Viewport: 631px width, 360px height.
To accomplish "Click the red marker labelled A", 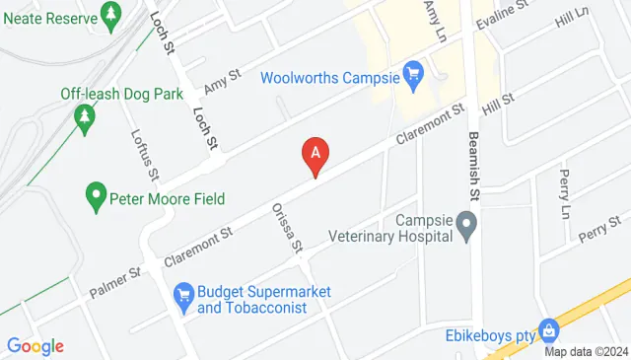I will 315,155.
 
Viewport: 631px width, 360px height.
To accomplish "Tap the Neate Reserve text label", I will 45,18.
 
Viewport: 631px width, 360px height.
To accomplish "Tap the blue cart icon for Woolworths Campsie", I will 414,74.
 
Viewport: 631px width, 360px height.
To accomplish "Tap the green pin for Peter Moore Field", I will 96,195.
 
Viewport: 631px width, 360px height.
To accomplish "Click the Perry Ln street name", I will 564,193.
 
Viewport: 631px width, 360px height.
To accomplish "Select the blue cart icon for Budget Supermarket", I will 182,294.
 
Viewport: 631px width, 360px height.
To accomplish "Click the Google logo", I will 35,345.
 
